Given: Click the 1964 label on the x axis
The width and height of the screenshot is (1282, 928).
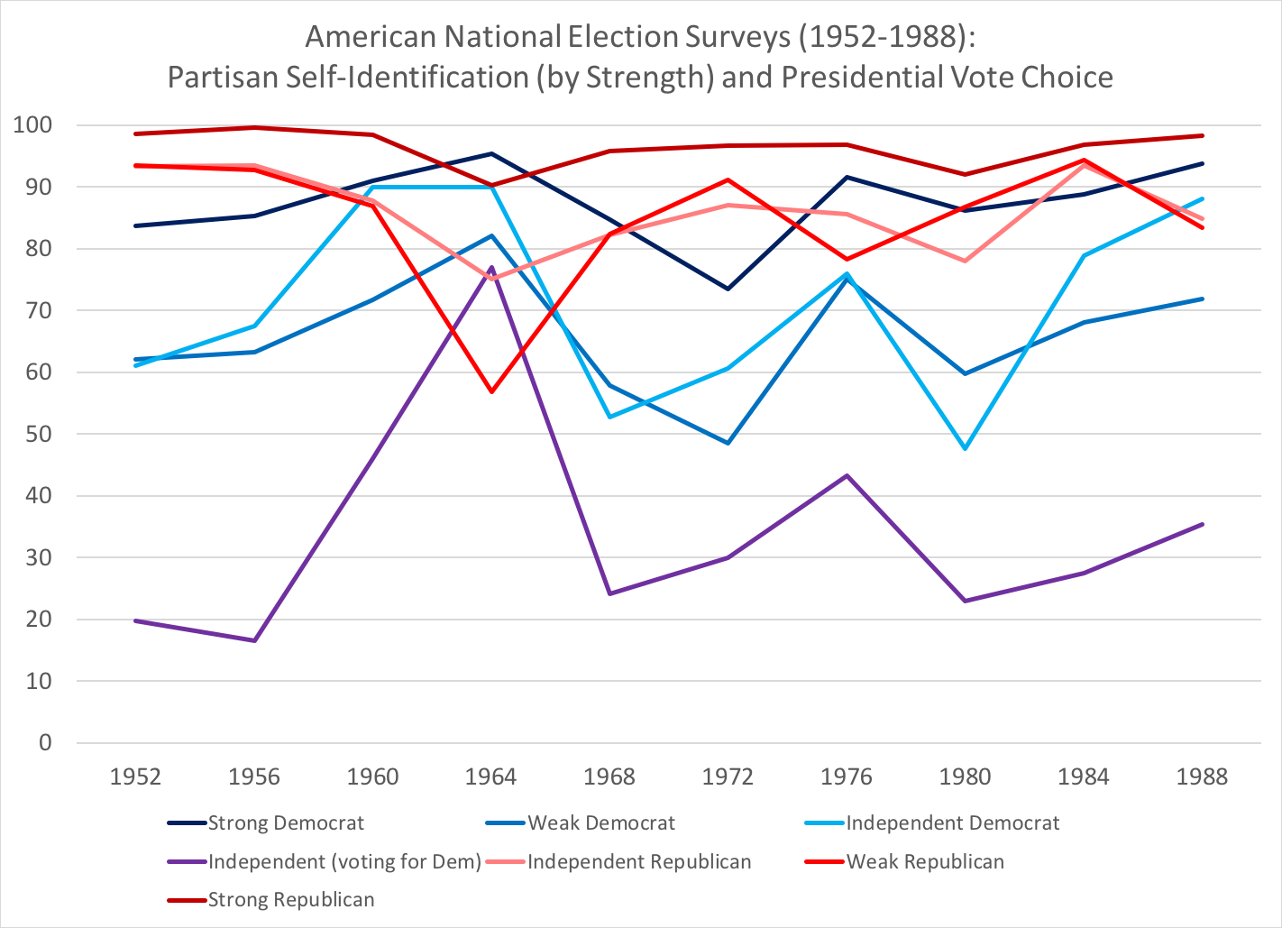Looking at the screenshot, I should [x=491, y=776].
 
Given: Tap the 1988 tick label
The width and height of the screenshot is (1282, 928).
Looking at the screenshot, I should [x=1202, y=776].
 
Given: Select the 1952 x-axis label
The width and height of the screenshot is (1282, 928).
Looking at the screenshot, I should [x=135, y=776].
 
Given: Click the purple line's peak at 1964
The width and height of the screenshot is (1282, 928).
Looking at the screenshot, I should [x=491, y=267].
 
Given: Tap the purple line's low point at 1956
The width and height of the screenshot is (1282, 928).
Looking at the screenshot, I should [x=254, y=640].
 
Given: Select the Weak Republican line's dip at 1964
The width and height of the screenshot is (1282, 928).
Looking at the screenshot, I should [x=491, y=391].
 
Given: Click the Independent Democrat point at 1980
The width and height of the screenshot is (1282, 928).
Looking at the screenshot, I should [x=966, y=448].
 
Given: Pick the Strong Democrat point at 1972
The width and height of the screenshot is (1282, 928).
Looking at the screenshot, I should [x=728, y=289].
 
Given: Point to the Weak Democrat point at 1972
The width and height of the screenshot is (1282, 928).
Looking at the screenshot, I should [x=728, y=443].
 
